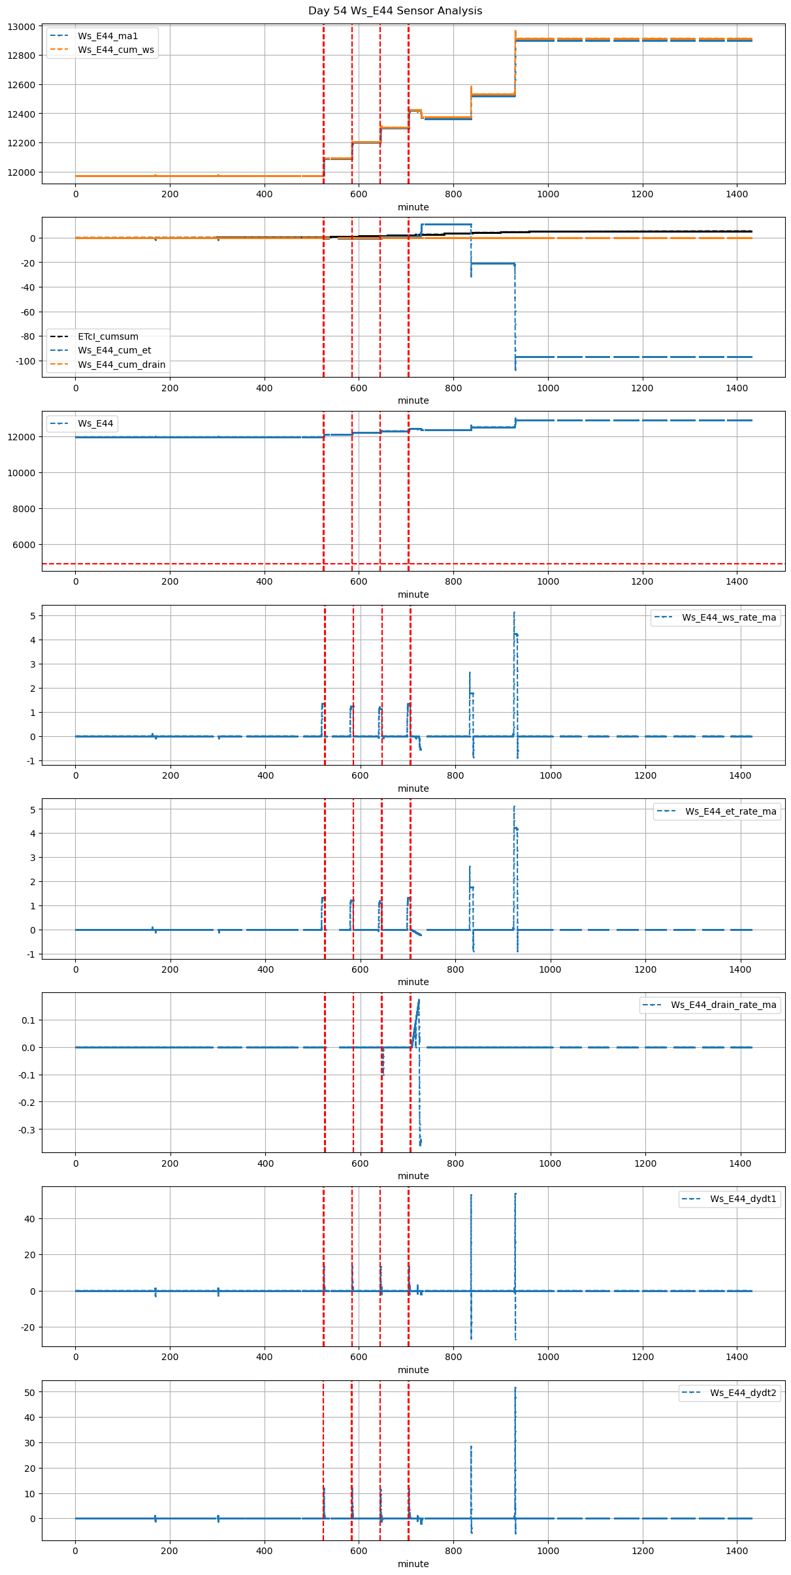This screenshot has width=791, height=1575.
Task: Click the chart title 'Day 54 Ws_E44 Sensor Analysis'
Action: pyautogui.click(x=395, y=11)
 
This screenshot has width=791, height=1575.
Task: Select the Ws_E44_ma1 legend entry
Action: pyautogui.click(x=108, y=36)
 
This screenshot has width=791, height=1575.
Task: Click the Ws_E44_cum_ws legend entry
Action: pyautogui.click(x=116, y=50)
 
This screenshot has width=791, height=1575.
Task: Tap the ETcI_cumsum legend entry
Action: pyautogui.click(x=108, y=336)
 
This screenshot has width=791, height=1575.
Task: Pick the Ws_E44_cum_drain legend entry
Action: pyautogui.click(x=121, y=365)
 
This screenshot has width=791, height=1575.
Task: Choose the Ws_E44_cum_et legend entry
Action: pyautogui.click(x=114, y=351)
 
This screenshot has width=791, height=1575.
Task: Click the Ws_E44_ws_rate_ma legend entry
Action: pyautogui.click(x=729, y=617)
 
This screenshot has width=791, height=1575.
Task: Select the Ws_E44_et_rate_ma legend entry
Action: pyautogui.click(x=731, y=811)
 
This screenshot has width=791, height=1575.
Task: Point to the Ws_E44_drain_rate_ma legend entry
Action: pyautogui.click(x=724, y=1005)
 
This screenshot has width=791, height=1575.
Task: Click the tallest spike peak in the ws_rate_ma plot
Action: pyautogui.click(x=514, y=613)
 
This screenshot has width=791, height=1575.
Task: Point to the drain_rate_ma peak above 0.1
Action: pyautogui.click(x=419, y=1000)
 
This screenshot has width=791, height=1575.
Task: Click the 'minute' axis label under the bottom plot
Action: pyautogui.click(x=413, y=1564)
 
